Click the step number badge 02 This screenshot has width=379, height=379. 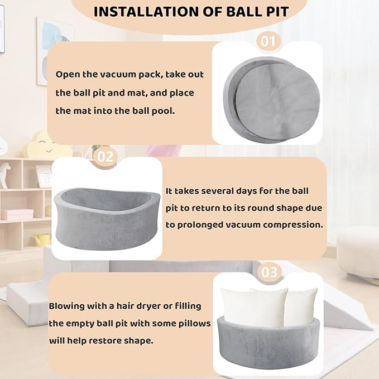(x=105, y=157)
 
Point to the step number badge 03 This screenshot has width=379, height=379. (x=269, y=272)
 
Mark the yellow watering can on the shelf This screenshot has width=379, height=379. (x=42, y=239)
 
